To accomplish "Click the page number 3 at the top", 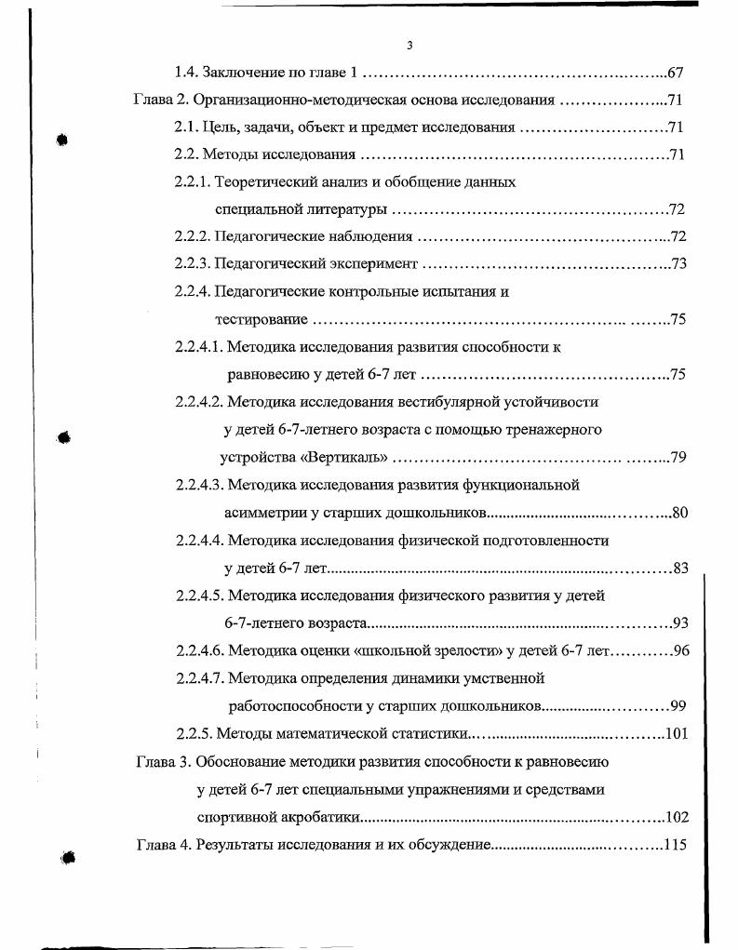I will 409,46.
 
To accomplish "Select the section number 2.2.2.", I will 193,237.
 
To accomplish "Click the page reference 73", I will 678,264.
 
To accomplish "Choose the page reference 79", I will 678,458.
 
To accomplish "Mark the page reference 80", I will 678,513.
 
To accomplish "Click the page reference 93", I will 678,622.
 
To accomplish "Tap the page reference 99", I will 678,705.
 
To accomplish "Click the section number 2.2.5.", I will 193,733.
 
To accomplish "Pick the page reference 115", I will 674,845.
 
